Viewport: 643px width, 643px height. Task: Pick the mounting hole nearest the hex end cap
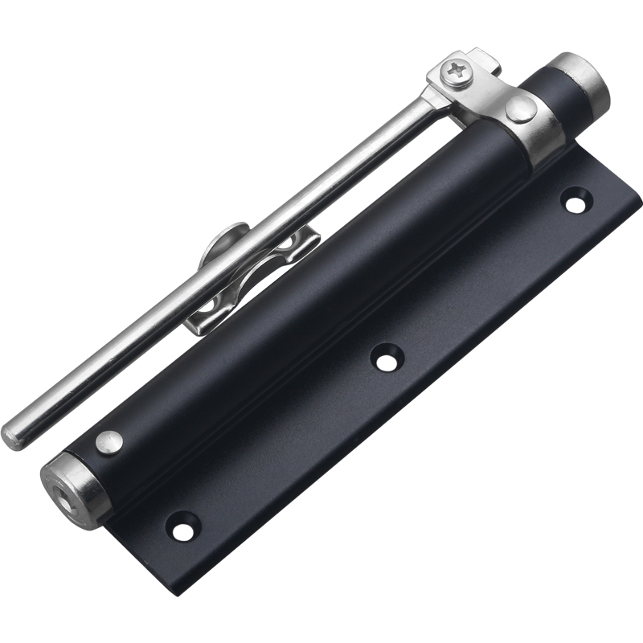181,527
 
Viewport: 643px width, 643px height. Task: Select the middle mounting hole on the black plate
387,358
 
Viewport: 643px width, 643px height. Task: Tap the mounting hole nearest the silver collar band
576,200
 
